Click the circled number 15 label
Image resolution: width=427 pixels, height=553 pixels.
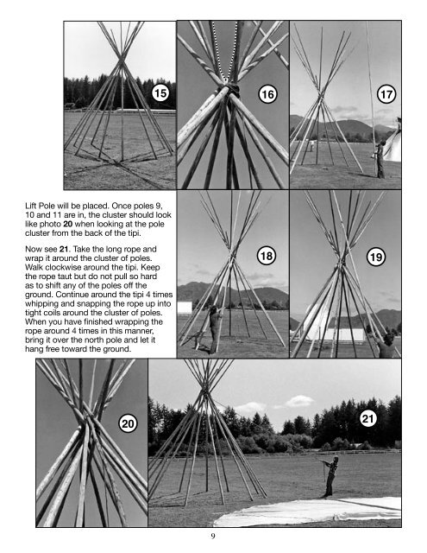pos(159,92)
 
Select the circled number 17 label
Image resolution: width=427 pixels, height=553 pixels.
pos(386,92)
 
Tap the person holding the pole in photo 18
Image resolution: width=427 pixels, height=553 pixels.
pos(214,327)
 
